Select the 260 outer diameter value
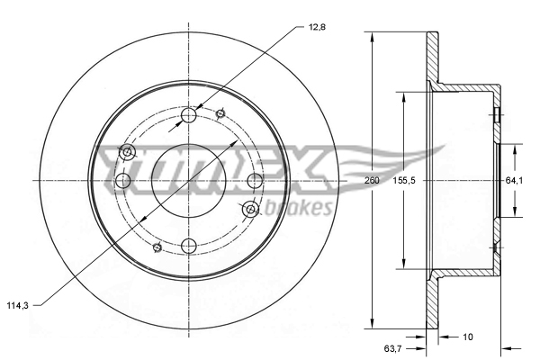click(x=371, y=181)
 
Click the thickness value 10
click(x=466, y=338)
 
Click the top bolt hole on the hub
click(x=189, y=115)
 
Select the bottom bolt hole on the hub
click(x=189, y=245)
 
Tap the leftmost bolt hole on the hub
click(x=124, y=181)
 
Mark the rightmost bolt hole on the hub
click(x=254, y=181)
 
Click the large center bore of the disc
click(x=189, y=180)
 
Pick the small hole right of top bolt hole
click(x=220, y=112)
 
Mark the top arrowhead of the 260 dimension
click(x=371, y=37)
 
